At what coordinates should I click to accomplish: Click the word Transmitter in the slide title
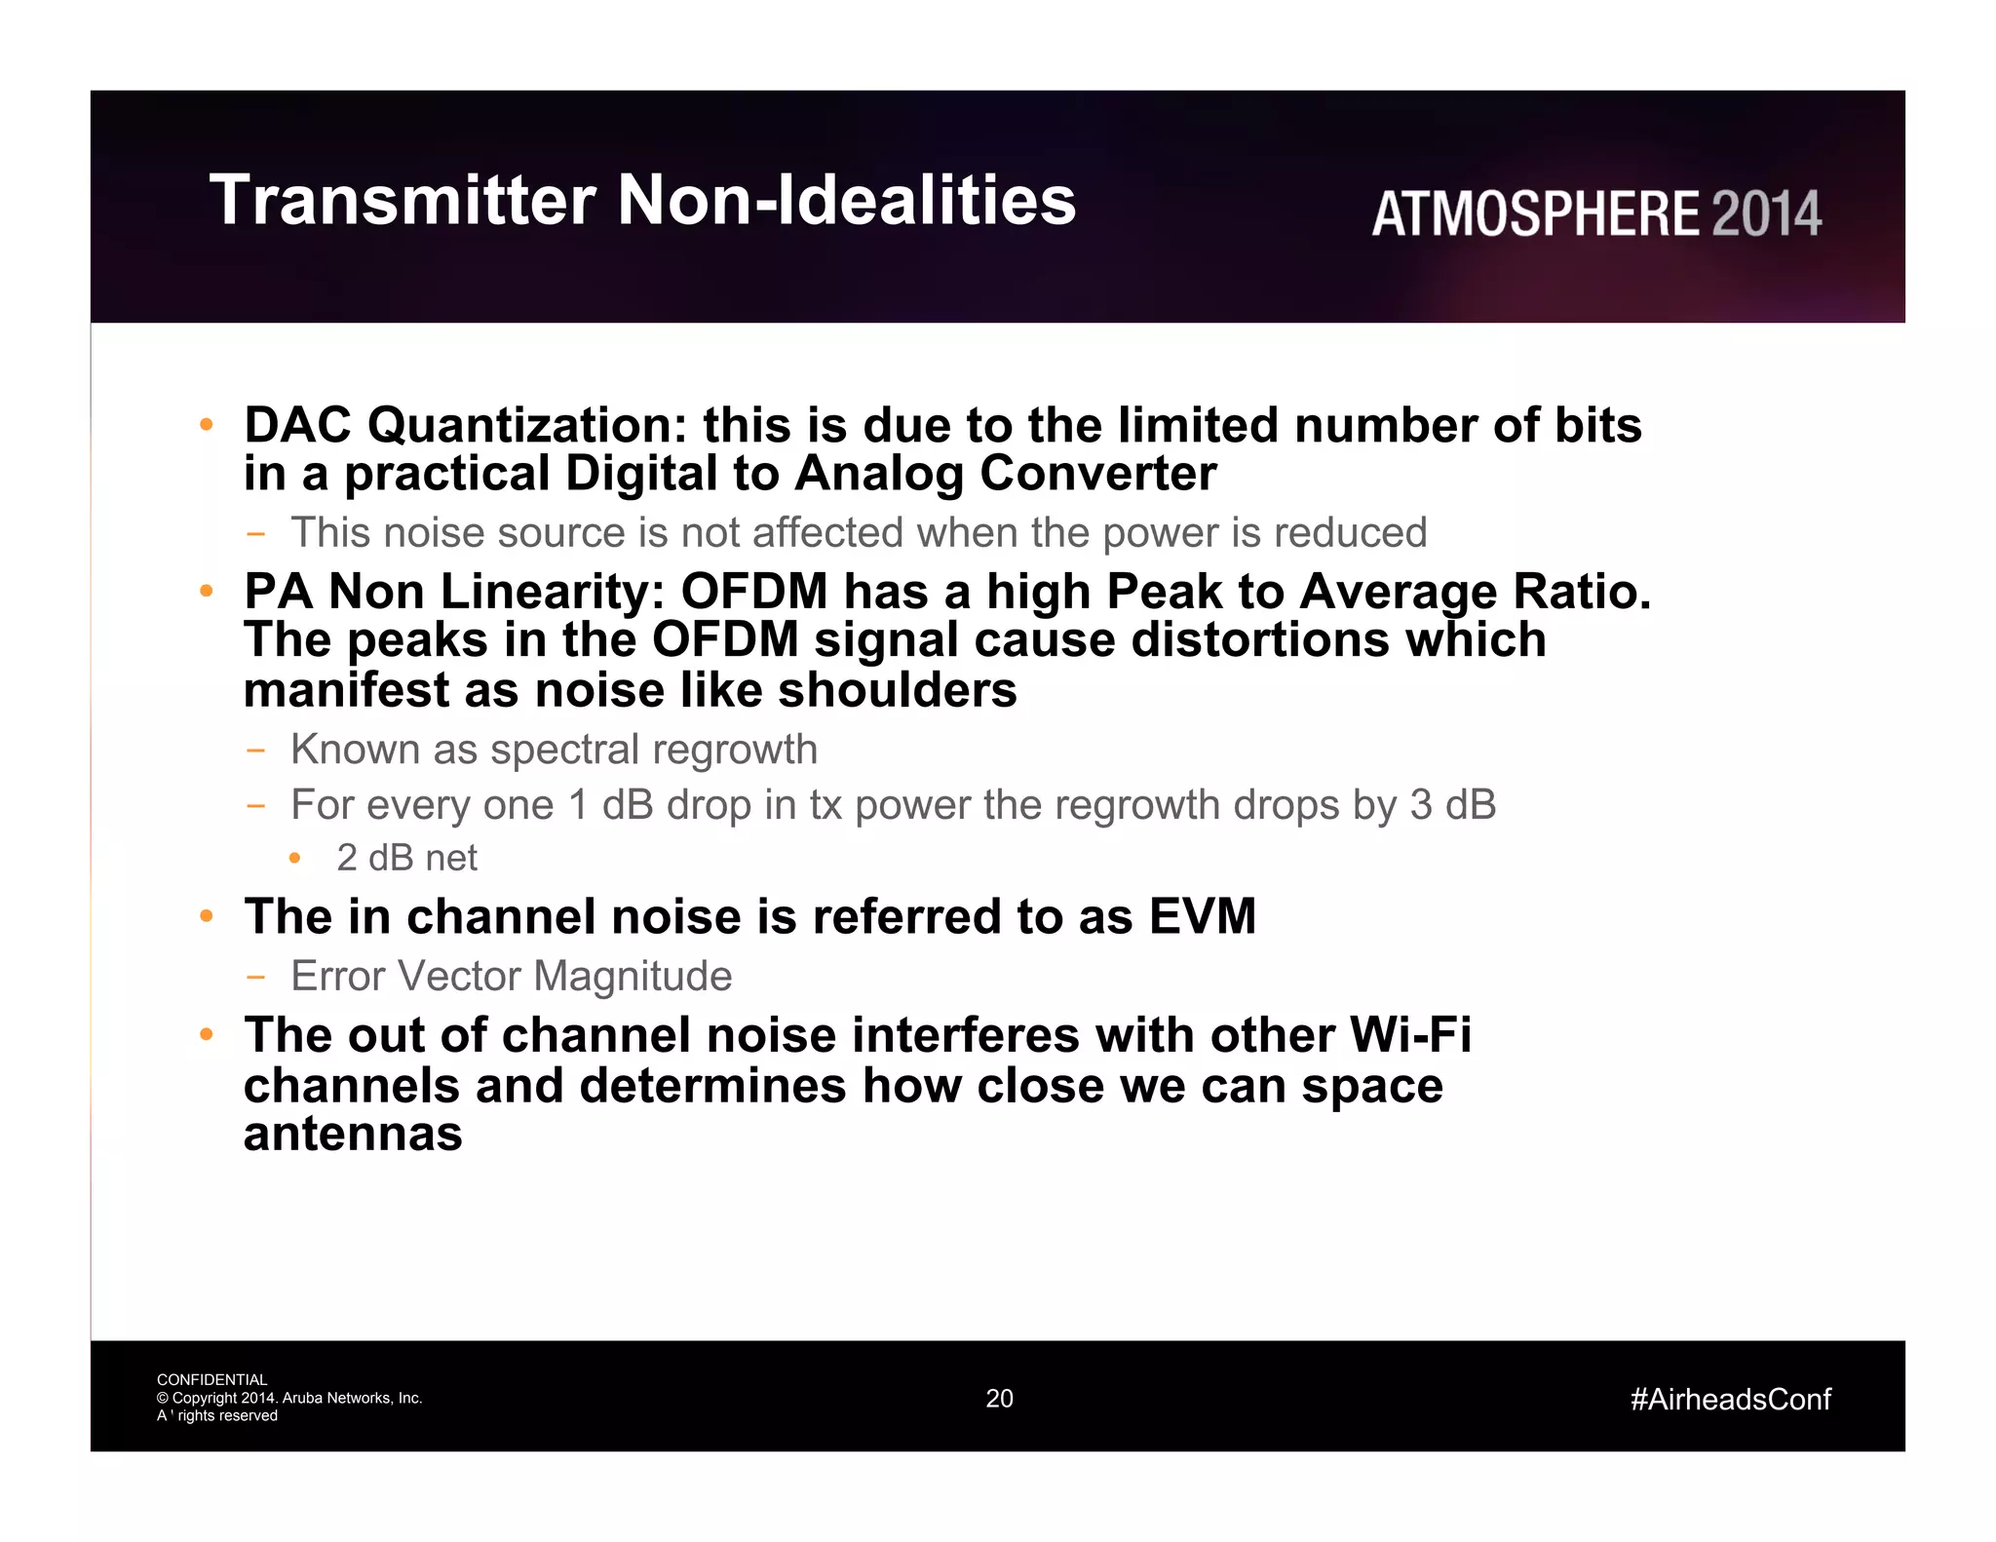(x=402, y=200)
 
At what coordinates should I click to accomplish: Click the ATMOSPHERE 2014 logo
(x=1596, y=214)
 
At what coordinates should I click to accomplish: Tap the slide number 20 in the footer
(x=999, y=1399)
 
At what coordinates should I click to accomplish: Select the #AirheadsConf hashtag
(x=1730, y=1400)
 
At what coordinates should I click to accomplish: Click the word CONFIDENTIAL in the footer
(x=211, y=1380)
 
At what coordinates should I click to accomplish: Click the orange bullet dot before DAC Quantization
(x=206, y=425)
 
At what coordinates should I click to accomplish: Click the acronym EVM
(x=1202, y=917)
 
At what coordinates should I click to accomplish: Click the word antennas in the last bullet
(x=353, y=1135)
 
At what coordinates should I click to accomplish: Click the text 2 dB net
(x=406, y=859)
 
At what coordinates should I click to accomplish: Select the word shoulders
(x=897, y=691)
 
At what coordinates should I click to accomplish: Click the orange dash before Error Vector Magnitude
(x=255, y=977)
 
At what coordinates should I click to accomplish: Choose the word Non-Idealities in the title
(x=846, y=200)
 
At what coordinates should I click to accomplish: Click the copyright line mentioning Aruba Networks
(x=289, y=1398)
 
